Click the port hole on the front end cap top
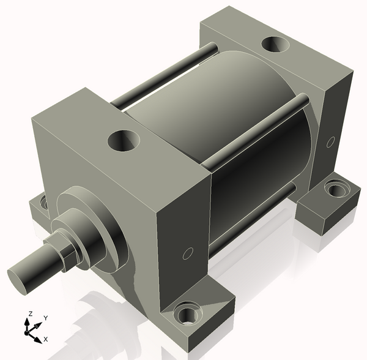[124, 141]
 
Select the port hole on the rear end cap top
[275, 45]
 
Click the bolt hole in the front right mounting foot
[186, 317]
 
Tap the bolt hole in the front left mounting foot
[43, 203]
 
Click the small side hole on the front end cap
[188, 253]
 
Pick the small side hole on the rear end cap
[331, 142]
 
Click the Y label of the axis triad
[46, 318]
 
